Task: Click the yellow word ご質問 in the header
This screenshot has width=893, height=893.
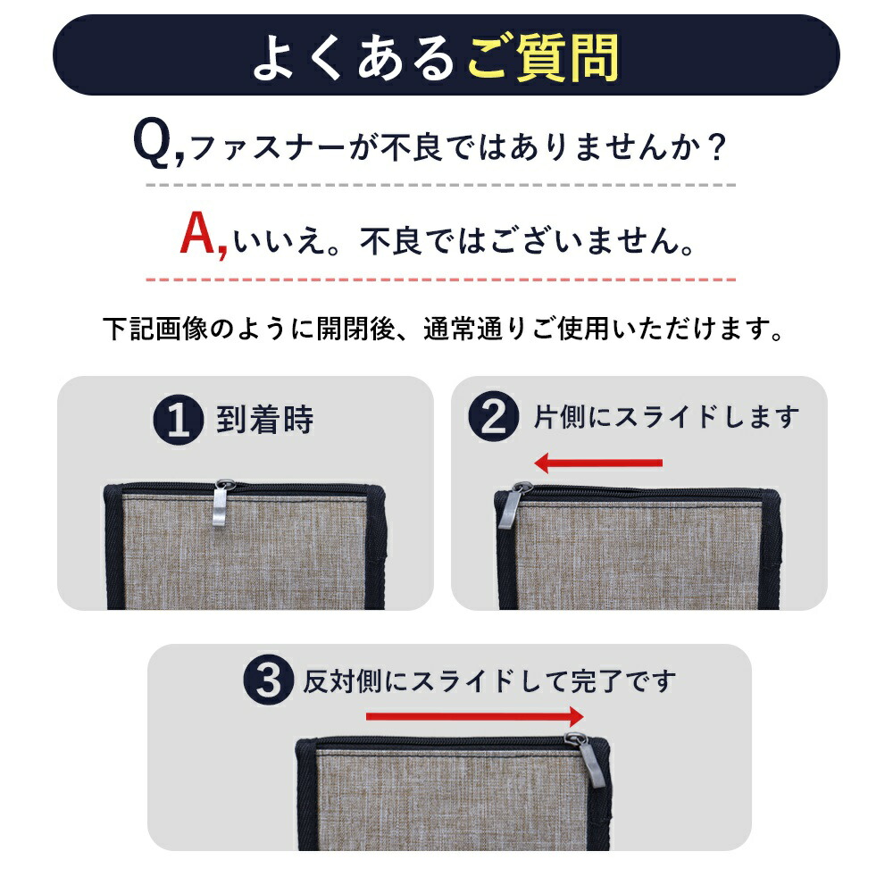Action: coord(543,57)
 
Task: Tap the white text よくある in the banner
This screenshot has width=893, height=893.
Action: coord(354,57)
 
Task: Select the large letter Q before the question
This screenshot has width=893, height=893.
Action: coord(152,144)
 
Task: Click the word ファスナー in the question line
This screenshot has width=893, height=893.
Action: coord(268,148)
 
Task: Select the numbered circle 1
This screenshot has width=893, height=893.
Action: coord(179,420)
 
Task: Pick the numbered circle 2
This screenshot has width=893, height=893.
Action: coord(493,416)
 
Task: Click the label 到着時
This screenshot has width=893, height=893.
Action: coord(265,420)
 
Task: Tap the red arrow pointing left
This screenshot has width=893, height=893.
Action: coord(598,463)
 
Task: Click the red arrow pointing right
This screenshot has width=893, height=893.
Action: coord(475,716)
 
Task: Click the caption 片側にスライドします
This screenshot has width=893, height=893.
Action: coord(666,417)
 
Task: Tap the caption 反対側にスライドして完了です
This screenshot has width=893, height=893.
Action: coord(489,681)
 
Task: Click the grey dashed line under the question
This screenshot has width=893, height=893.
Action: coord(441,185)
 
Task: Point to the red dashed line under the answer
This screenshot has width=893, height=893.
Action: coord(441,280)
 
